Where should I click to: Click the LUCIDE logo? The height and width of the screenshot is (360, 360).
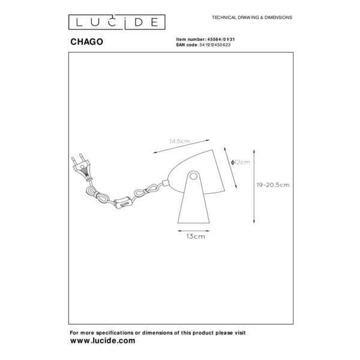pyautogui.click(x=117, y=22)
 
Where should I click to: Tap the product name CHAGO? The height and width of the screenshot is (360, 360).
pyautogui.click(x=86, y=42)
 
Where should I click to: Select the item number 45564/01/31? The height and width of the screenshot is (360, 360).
pyautogui.click(x=221, y=40)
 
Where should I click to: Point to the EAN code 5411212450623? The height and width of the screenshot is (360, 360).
pyautogui.click(x=215, y=45)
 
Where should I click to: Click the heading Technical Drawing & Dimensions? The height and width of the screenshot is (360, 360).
pyautogui.click(x=252, y=17)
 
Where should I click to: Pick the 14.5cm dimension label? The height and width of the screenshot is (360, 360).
pyautogui.click(x=179, y=141)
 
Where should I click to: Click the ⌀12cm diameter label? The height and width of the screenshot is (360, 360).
pyautogui.click(x=241, y=163)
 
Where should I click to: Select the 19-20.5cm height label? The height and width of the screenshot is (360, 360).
pyautogui.click(x=273, y=185)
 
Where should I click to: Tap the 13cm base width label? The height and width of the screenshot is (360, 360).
pyautogui.click(x=196, y=236)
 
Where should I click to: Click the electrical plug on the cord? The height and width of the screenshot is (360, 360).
pyautogui.click(x=82, y=167)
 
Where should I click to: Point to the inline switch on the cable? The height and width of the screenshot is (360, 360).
pyautogui.click(x=122, y=203)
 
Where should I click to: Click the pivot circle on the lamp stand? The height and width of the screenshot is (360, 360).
pyautogui.click(x=194, y=176)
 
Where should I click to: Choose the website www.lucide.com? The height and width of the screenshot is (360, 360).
pyautogui.click(x=103, y=340)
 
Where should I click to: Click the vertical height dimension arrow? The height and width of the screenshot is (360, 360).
pyautogui.click(x=254, y=186)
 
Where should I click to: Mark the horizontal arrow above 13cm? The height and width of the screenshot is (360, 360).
pyautogui.click(x=194, y=231)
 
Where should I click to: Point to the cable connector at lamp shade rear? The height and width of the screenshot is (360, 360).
pyautogui.click(x=165, y=183)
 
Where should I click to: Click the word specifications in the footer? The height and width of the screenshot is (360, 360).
pyautogui.click(x=115, y=332)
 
